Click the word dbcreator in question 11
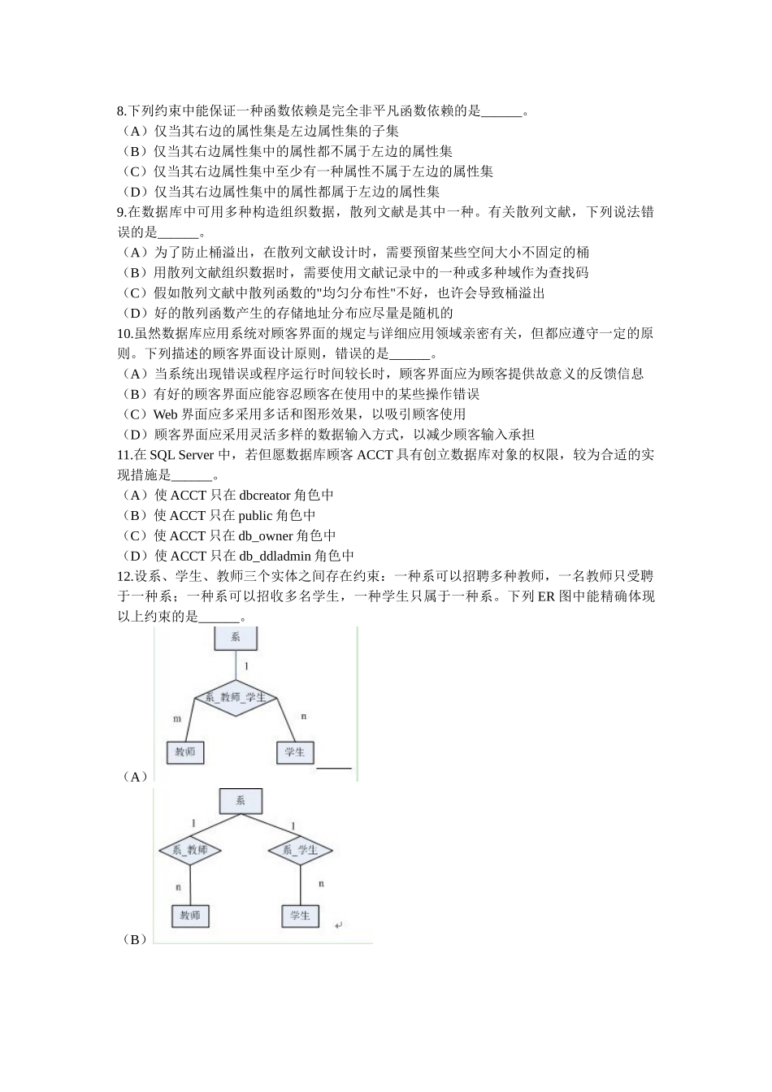point(265,495)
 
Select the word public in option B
point(255,515)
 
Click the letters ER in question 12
point(545,596)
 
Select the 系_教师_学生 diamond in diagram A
point(236,698)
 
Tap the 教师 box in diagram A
point(185,752)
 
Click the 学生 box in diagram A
point(295,752)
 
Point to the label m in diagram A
point(177,718)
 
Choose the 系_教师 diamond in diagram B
point(190,851)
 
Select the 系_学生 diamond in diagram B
point(300,851)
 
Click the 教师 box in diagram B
point(190,916)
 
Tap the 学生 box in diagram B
point(300,916)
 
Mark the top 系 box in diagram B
point(241,801)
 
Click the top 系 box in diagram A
point(236,638)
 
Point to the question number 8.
point(121,110)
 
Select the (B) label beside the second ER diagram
point(134,939)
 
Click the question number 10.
point(124,333)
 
